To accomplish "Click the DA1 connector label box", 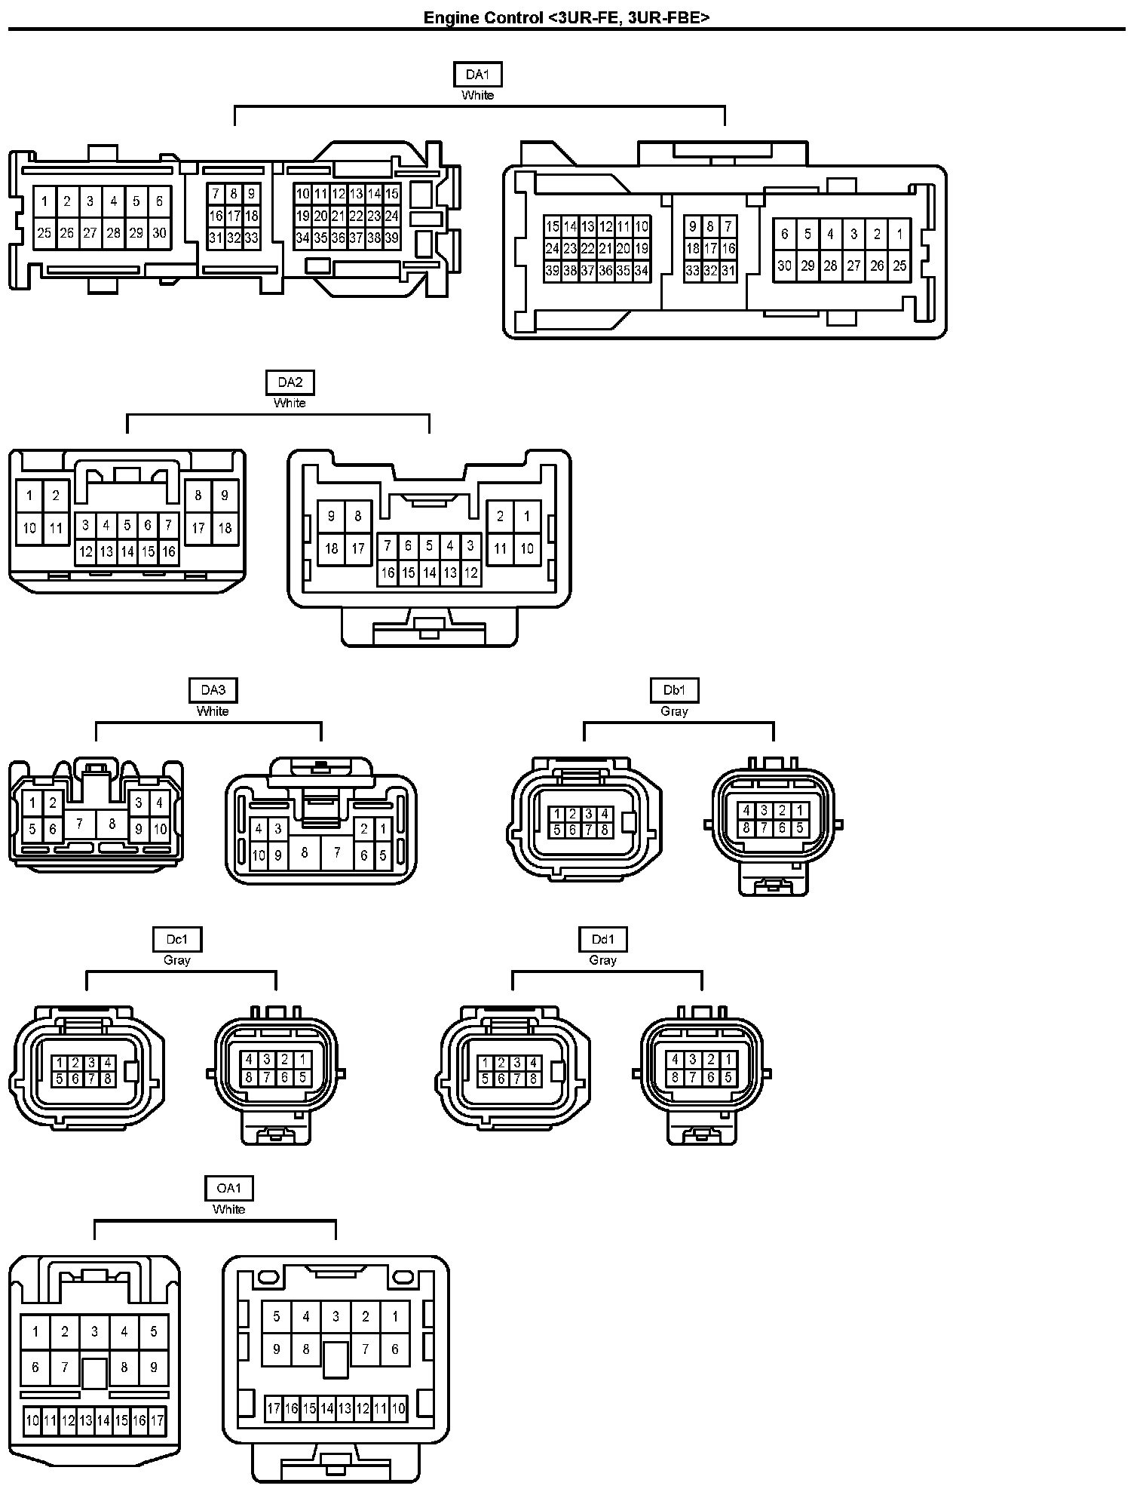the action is pyautogui.click(x=477, y=74).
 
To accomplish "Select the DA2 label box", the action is pyautogui.click(x=290, y=382).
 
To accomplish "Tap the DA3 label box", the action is pyautogui.click(x=213, y=690).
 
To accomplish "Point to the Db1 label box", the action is pyautogui.click(x=674, y=690).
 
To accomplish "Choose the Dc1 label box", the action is pyautogui.click(x=176, y=939).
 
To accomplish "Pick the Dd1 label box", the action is pyautogui.click(x=603, y=939).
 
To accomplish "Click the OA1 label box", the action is pyautogui.click(x=229, y=1188).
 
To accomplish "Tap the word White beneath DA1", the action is pyautogui.click(x=477, y=95).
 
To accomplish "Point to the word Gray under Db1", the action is pyautogui.click(x=674, y=711).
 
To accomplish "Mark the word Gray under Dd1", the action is pyautogui.click(x=603, y=959).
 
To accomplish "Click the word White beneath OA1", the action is pyautogui.click(x=229, y=1208).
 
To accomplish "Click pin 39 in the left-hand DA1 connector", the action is pyautogui.click(x=391, y=238).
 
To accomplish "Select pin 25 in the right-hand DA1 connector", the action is pyautogui.click(x=899, y=266).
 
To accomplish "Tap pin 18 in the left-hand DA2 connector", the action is pyautogui.click(x=225, y=528).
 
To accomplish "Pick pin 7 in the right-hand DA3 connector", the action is pyautogui.click(x=337, y=852).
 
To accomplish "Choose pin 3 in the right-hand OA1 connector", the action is pyautogui.click(x=336, y=1316).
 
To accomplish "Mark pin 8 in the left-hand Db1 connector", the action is pyautogui.click(x=605, y=830).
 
